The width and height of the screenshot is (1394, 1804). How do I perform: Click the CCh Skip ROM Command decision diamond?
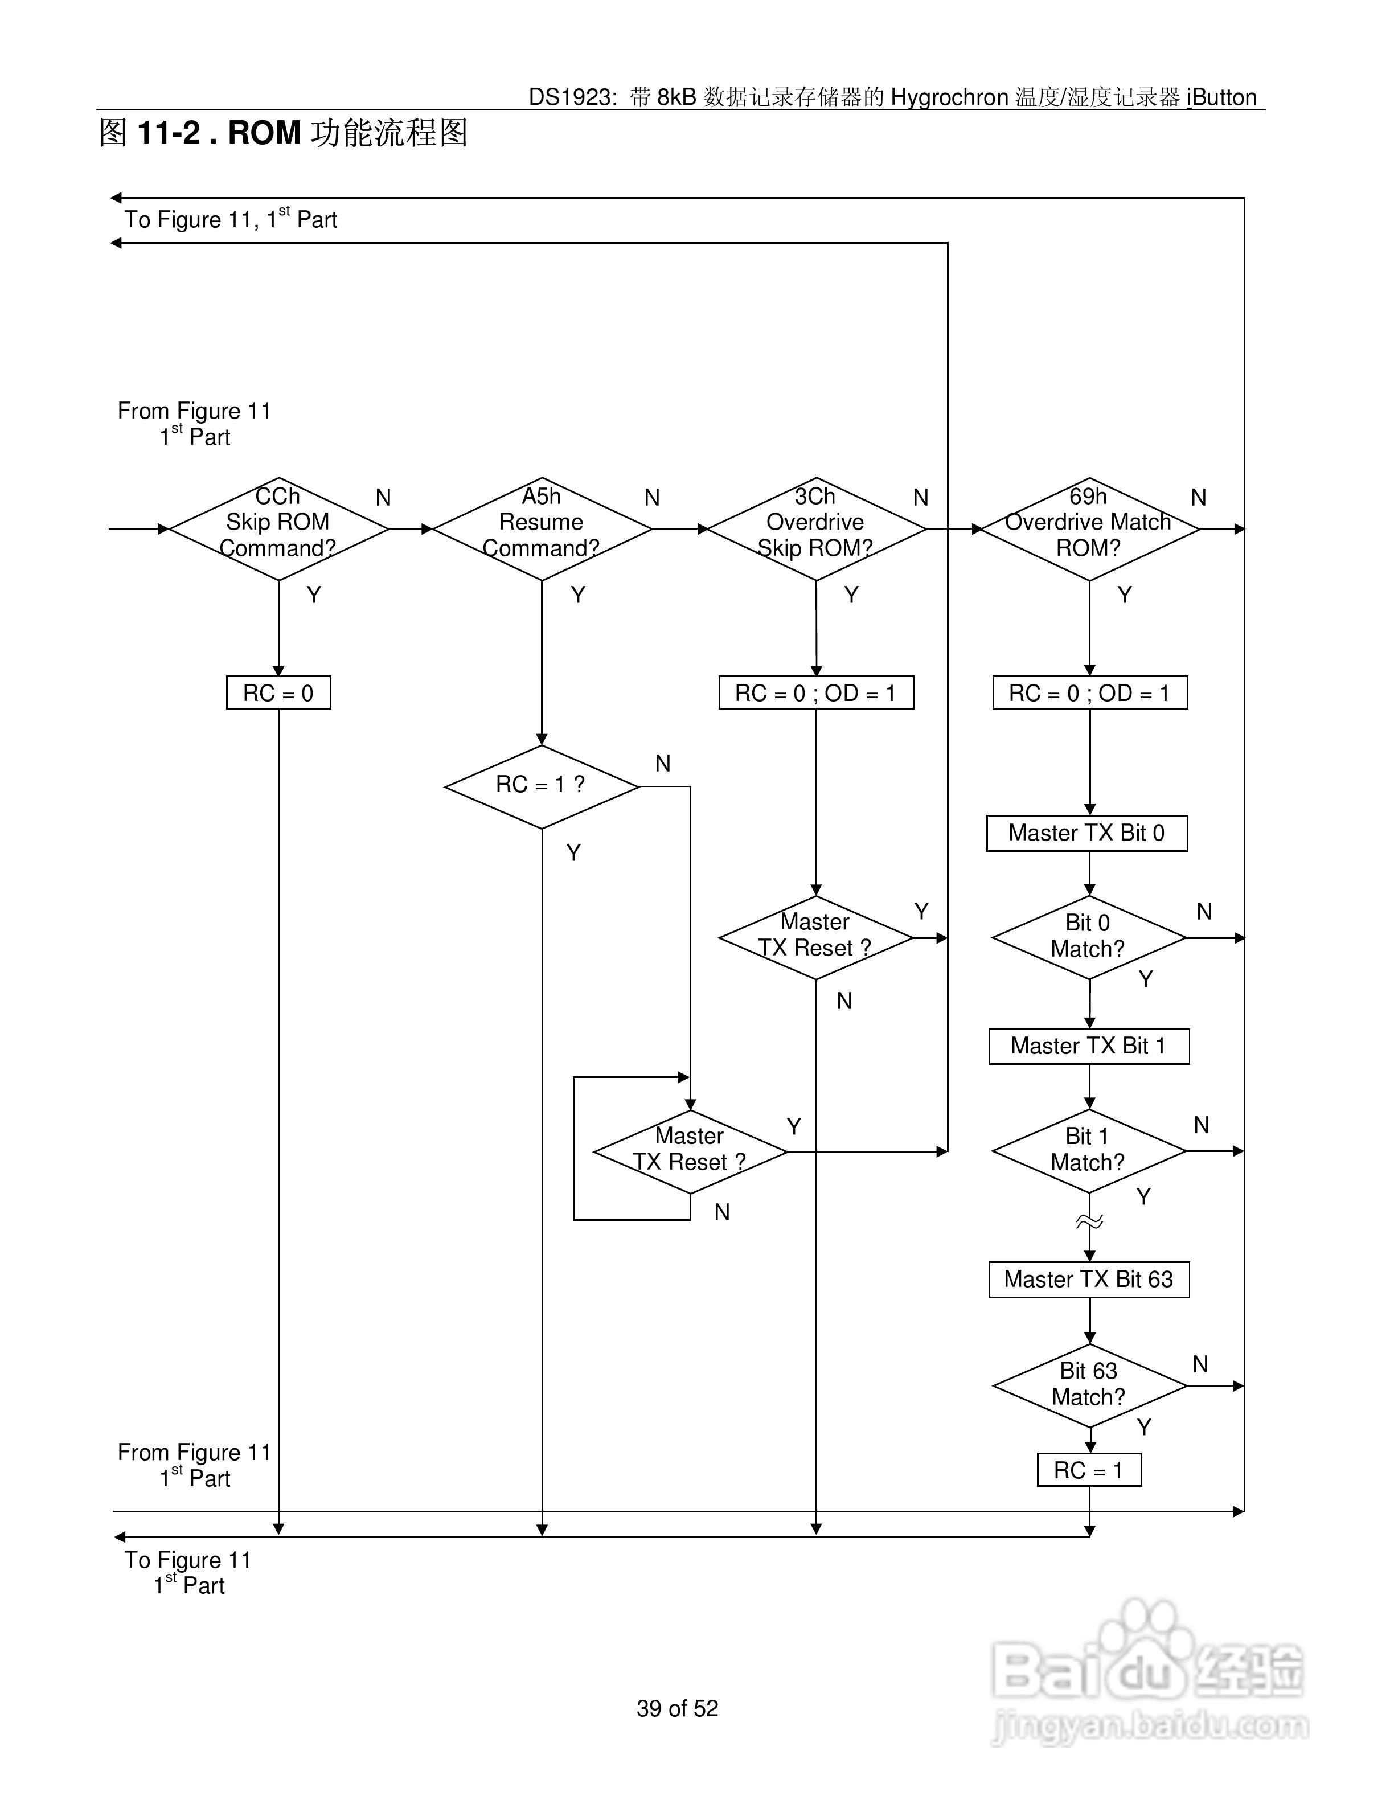tap(278, 528)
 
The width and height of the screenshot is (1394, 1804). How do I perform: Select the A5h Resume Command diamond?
tap(542, 528)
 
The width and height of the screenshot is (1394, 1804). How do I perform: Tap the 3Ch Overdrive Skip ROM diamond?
tap(816, 528)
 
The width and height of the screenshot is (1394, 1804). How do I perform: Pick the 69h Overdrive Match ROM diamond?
tap(1089, 528)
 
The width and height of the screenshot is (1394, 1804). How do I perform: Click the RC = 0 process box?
tap(278, 693)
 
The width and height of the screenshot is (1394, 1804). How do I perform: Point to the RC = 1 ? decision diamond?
tap(542, 786)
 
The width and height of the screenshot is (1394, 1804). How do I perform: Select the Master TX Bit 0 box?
tap(1087, 833)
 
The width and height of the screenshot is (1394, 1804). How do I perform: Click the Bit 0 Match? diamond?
tap(1089, 937)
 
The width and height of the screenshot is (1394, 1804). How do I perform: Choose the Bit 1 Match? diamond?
tap(1089, 1151)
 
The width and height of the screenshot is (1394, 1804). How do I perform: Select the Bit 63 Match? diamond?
tap(1089, 1385)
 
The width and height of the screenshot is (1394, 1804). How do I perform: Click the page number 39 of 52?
tap(677, 1708)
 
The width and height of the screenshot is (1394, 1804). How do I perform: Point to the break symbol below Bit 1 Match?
tap(1089, 1221)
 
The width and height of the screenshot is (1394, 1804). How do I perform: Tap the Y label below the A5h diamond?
tap(578, 594)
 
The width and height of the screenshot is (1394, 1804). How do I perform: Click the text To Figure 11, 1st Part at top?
tap(231, 218)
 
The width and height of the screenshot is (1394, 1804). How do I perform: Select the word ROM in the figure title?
tap(264, 132)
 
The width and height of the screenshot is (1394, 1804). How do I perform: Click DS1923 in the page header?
tap(570, 97)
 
